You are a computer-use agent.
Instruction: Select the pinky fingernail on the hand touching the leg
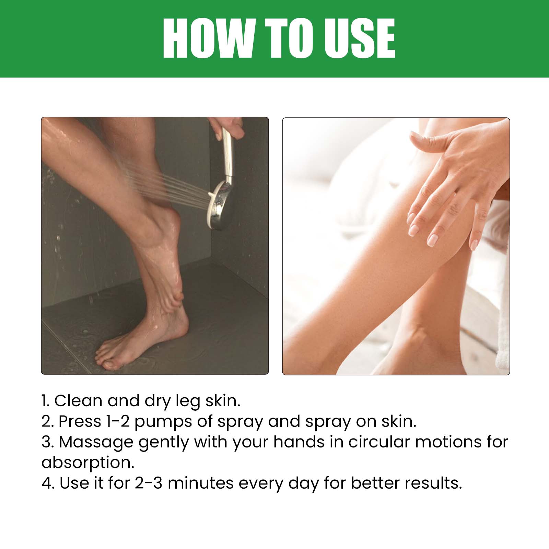474,244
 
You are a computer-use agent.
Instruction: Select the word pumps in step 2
163,421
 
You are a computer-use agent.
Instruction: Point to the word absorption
88,463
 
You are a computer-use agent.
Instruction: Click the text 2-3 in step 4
148,483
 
